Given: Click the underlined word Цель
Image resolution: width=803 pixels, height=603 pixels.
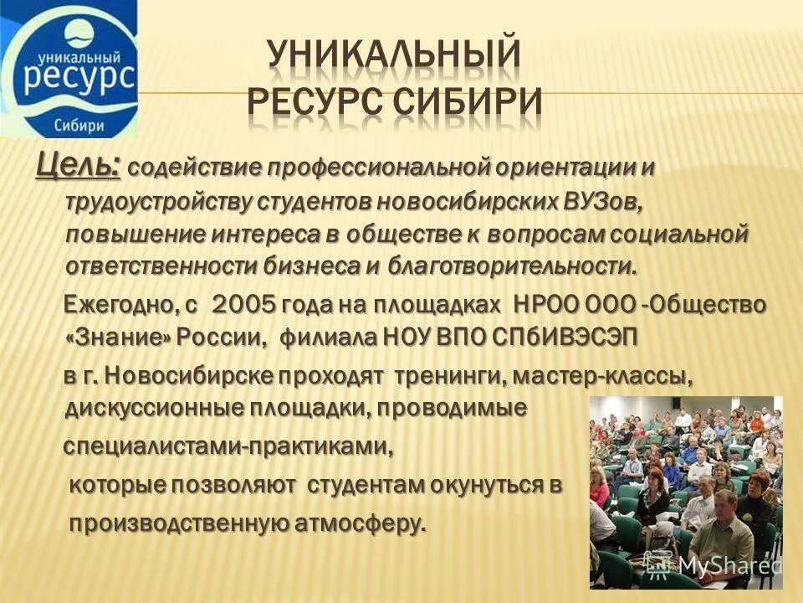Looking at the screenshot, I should pos(78,165).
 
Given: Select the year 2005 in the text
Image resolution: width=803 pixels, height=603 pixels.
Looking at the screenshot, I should pos(244,305).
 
